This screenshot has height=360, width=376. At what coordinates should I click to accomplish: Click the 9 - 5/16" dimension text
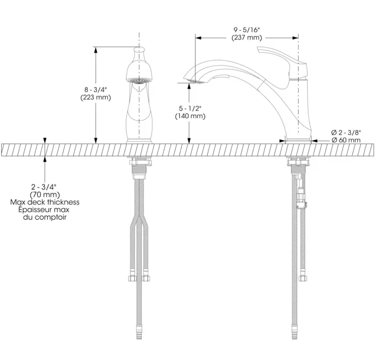click(x=247, y=30)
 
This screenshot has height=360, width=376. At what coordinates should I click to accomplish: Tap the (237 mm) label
click(x=247, y=38)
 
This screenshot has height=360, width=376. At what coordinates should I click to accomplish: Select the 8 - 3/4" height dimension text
click(x=96, y=90)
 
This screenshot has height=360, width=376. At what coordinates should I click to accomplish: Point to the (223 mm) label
click(x=96, y=97)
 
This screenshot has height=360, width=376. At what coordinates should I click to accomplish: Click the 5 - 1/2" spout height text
click(x=190, y=109)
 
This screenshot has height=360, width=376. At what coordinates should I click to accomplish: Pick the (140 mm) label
click(x=190, y=116)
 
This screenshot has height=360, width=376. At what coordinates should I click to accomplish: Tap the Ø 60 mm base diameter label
click(x=346, y=140)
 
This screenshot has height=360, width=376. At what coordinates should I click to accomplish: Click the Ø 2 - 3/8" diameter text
click(x=346, y=132)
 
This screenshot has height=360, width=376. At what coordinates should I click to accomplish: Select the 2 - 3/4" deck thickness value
click(x=45, y=186)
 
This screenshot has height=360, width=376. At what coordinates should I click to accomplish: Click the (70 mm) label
click(x=45, y=195)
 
